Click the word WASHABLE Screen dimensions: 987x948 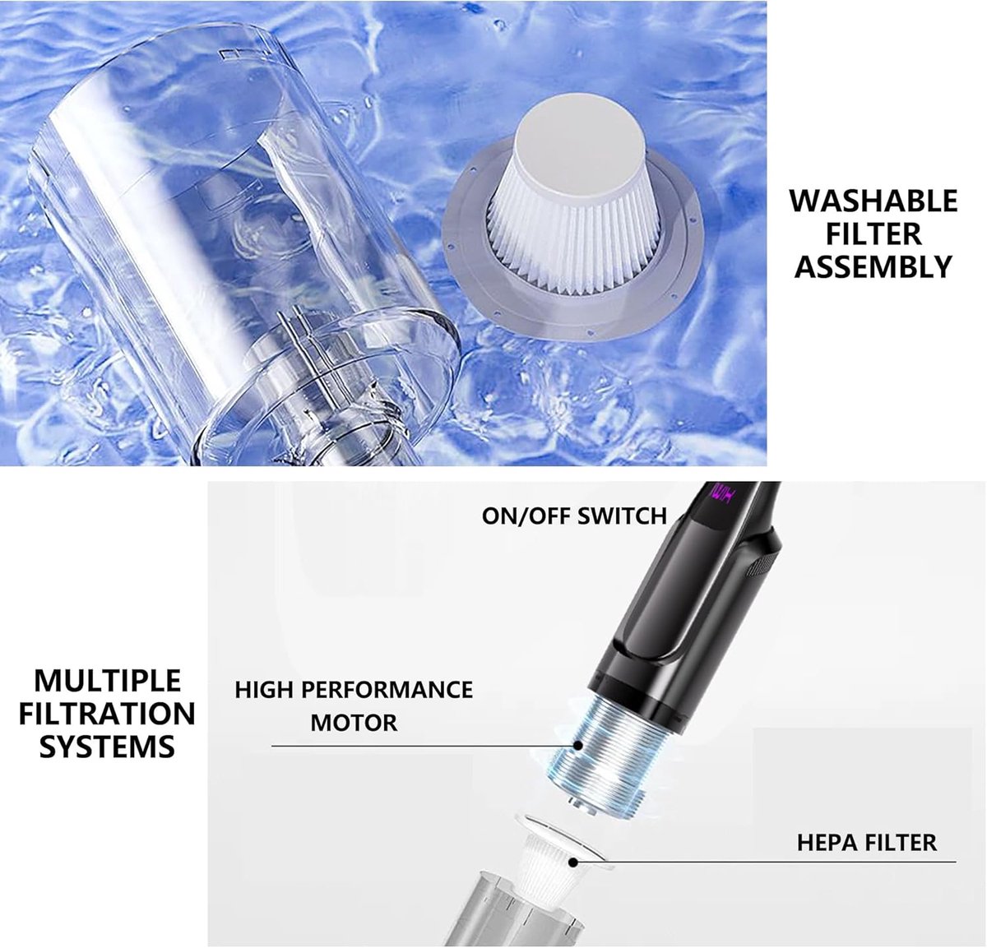click(x=873, y=201)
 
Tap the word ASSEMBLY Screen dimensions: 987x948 click(x=873, y=266)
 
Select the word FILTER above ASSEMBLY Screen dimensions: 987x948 click(x=873, y=234)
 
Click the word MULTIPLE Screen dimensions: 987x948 click(x=107, y=680)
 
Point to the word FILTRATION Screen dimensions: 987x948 click(x=107, y=714)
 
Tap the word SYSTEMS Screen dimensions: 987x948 click(x=107, y=747)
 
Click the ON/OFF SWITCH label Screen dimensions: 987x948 click(x=574, y=516)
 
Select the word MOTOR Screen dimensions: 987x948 click(x=354, y=723)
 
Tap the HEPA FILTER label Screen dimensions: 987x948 click(x=867, y=843)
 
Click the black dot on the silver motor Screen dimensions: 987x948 click(x=577, y=745)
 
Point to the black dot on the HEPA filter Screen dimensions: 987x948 click(x=572, y=861)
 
